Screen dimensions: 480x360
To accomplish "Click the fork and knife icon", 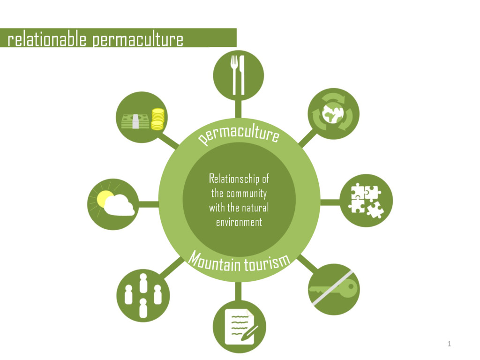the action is pos(238,75).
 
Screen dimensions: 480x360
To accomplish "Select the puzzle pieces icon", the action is pos(366,201).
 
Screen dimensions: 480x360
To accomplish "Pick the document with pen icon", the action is pos(240,326).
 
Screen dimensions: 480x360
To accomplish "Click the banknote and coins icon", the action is pos(142,118).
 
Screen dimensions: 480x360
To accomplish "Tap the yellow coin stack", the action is pos(157,119).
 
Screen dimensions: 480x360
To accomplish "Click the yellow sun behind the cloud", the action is pos(104,198).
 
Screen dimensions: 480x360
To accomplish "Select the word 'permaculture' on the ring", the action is pos(239,134).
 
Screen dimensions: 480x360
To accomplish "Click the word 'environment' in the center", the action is pos(239,222).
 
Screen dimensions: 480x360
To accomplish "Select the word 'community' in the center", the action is pos(246,193).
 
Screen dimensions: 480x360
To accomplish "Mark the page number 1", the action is pos(449,344).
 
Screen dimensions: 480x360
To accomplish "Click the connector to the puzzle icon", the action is pos(330,202).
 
